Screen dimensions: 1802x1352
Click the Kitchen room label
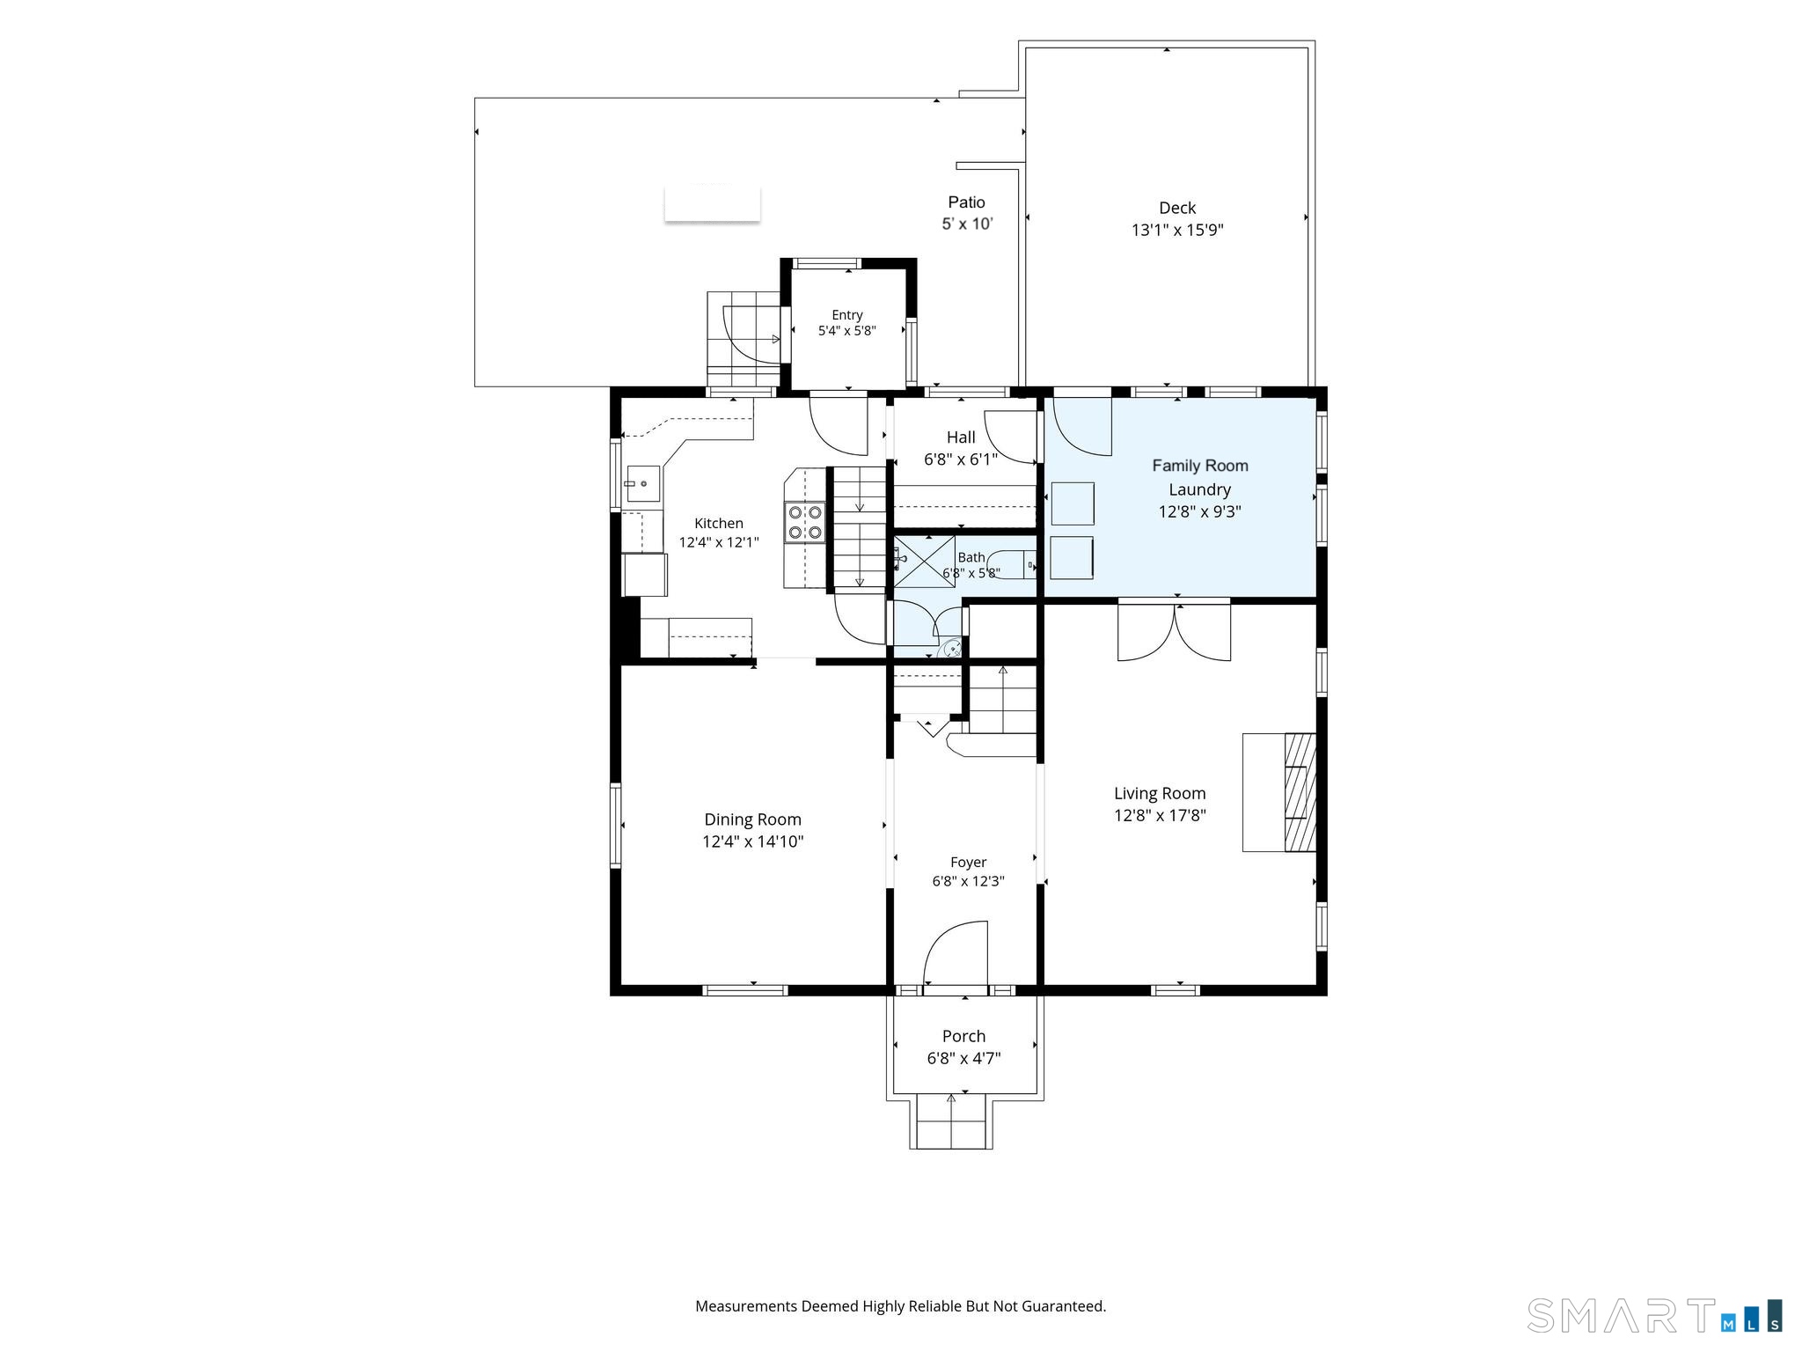click(719, 523)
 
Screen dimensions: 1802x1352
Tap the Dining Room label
click(752, 819)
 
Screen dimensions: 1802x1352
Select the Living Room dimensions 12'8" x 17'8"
click(1160, 815)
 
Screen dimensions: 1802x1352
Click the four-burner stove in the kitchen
click(805, 521)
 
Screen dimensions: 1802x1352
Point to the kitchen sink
click(643, 484)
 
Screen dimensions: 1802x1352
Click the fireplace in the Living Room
click(1300, 792)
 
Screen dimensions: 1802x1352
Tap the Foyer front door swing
click(956, 954)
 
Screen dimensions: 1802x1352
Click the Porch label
click(963, 1036)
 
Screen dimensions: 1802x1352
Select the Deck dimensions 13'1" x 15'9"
click(1177, 230)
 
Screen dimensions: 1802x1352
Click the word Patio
click(966, 202)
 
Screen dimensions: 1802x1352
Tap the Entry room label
click(847, 314)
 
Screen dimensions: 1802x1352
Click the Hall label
click(961, 437)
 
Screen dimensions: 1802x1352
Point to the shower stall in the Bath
click(925, 562)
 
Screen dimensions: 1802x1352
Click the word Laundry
click(1199, 489)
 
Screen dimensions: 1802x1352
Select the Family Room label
click(1200, 466)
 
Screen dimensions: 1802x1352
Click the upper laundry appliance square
click(1073, 504)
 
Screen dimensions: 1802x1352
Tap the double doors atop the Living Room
click(1174, 630)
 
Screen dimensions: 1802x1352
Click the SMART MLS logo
click(1654, 1316)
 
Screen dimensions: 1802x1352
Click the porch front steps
click(950, 1121)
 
